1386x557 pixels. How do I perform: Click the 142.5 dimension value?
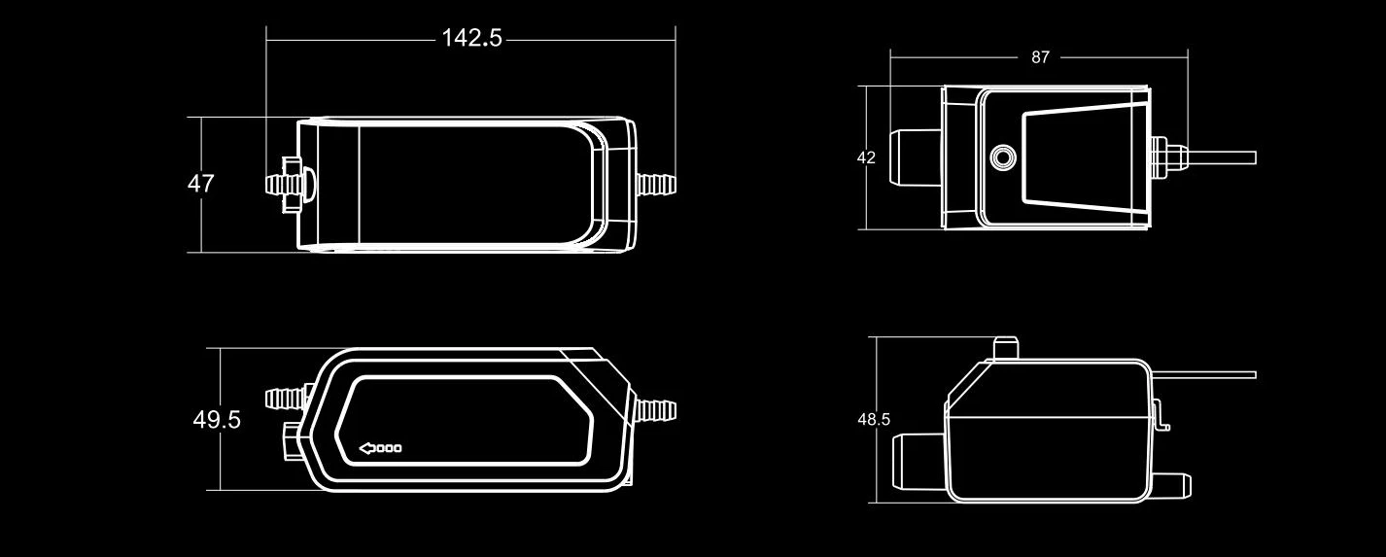pyautogui.click(x=471, y=38)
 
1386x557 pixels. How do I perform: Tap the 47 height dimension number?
pyautogui.click(x=200, y=184)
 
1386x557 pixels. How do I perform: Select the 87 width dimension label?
pyautogui.click(x=1040, y=57)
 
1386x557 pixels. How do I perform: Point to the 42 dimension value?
pyautogui.click(x=866, y=157)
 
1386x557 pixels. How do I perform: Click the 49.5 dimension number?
pyautogui.click(x=217, y=420)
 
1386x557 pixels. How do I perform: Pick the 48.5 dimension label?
pyautogui.click(x=874, y=420)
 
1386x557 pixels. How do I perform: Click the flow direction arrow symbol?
pyautogui.click(x=381, y=448)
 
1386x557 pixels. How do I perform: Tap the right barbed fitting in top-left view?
pyautogui.click(x=656, y=184)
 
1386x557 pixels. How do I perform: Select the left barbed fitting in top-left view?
pyautogui.click(x=282, y=184)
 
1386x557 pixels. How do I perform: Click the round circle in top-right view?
pyautogui.click(x=1002, y=157)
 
